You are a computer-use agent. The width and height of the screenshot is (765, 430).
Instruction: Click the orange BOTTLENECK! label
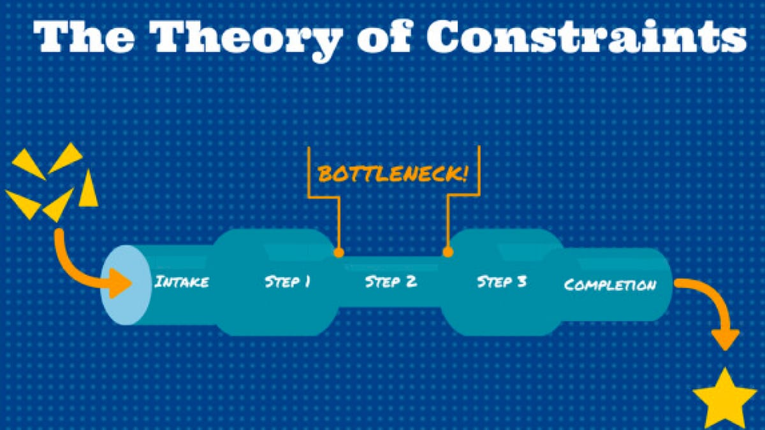(x=392, y=174)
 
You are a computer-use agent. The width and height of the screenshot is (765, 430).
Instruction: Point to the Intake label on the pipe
(x=182, y=282)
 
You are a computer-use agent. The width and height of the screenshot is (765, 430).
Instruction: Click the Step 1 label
(x=288, y=282)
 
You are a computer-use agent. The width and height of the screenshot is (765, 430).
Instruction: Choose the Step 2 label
(x=391, y=282)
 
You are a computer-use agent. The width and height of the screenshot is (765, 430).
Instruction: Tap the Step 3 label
(x=502, y=282)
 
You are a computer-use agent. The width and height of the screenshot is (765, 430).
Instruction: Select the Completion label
(x=609, y=284)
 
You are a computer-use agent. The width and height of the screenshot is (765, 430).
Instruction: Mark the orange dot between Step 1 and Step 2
(x=339, y=252)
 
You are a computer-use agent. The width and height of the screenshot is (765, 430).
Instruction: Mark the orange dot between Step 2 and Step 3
(x=448, y=252)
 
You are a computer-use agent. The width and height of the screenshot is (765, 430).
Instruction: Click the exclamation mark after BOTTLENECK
(x=463, y=173)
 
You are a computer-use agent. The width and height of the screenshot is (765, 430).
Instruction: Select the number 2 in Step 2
(x=411, y=282)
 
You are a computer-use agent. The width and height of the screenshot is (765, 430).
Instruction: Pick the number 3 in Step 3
(x=521, y=282)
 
